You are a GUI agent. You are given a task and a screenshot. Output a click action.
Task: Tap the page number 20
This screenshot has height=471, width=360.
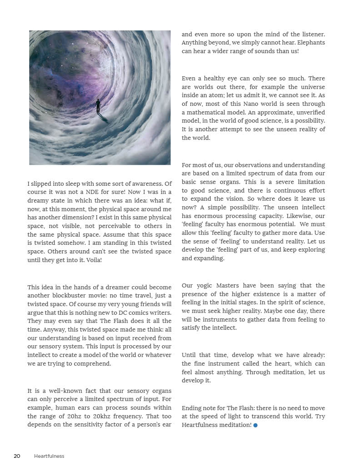coord(17,456)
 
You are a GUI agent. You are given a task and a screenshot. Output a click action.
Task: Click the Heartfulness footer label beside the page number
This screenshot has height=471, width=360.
coord(49,456)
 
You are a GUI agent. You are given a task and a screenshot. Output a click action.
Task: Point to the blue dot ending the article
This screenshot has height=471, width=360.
coord(255,425)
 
